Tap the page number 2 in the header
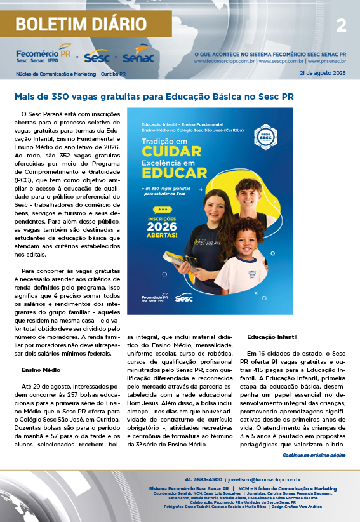(341, 25)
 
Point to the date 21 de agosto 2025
(323, 74)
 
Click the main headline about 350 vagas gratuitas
(154, 97)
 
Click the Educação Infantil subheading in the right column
(272, 336)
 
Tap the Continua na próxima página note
(314, 455)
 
